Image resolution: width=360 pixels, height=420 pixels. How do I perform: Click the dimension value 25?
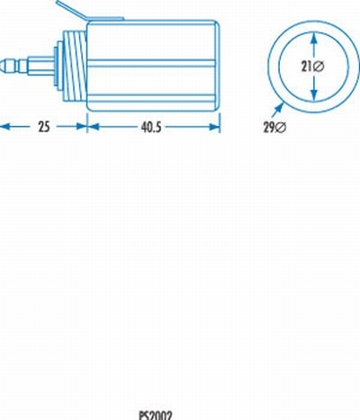(42, 128)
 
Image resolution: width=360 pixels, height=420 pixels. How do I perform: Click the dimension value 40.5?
(151, 128)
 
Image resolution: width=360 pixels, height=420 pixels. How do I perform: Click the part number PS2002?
(155, 415)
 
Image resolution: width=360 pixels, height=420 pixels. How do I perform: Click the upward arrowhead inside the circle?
(313, 37)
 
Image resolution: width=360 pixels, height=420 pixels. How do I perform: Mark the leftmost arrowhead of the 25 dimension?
(4, 128)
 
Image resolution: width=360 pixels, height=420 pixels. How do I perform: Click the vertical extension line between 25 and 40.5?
(86, 121)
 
